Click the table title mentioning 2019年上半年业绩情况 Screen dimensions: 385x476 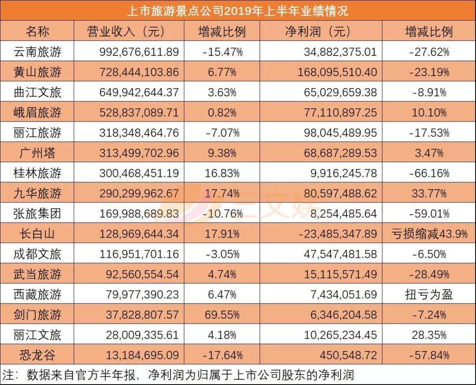tap(238, 10)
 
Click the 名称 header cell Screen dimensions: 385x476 tap(37, 31)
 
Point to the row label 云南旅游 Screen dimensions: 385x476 tap(37, 52)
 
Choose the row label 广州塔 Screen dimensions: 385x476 tap(37, 153)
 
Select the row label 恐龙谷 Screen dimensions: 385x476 tap(37, 355)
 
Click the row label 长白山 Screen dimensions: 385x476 tap(37, 234)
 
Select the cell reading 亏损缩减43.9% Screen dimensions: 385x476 tap(429, 234)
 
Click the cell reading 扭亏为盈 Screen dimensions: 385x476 tap(429, 294)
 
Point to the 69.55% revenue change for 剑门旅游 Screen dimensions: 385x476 tap(222, 315)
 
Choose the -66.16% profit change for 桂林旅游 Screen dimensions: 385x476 tap(429, 173)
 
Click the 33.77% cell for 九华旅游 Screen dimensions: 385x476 tap(429, 194)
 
